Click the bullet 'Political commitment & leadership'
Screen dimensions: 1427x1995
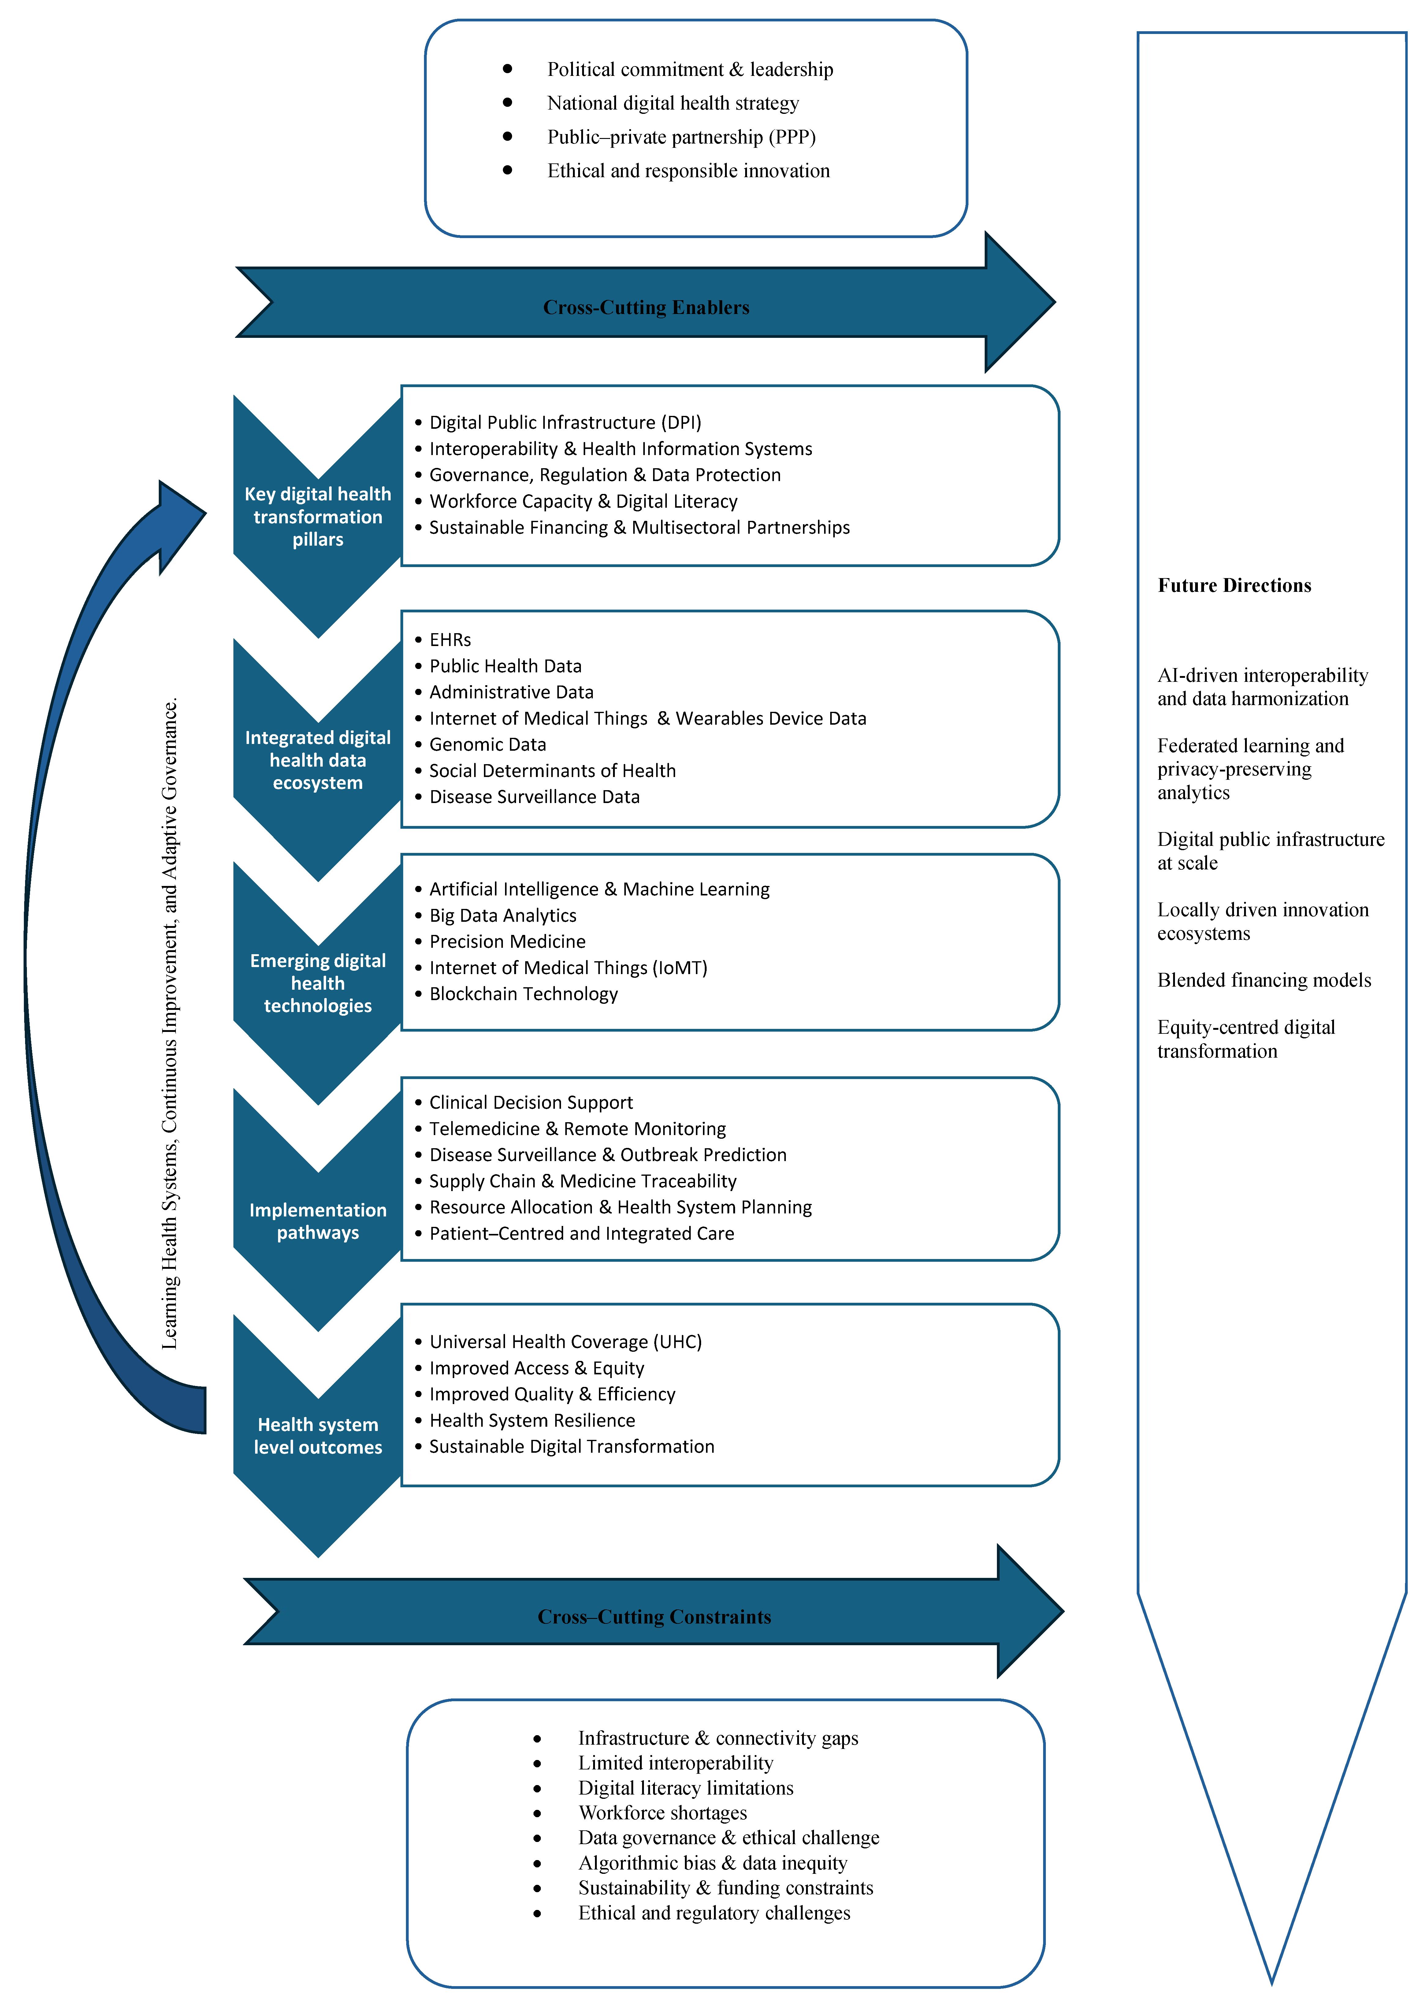(690, 69)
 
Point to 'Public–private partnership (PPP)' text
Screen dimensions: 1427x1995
(681, 137)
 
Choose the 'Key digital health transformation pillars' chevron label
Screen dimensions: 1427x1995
(318, 517)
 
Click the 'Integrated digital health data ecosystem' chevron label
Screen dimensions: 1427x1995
(318, 760)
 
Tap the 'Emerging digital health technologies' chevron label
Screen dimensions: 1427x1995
(318, 984)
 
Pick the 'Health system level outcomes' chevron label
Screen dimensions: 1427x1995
(318, 1436)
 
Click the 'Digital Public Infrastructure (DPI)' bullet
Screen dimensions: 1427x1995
(565, 423)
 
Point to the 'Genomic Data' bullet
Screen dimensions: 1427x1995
(488, 744)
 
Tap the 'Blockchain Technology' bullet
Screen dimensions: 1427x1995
(524, 994)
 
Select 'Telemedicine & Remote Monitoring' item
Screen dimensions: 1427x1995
(577, 1128)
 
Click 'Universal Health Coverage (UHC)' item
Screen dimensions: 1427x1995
(565, 1342)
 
